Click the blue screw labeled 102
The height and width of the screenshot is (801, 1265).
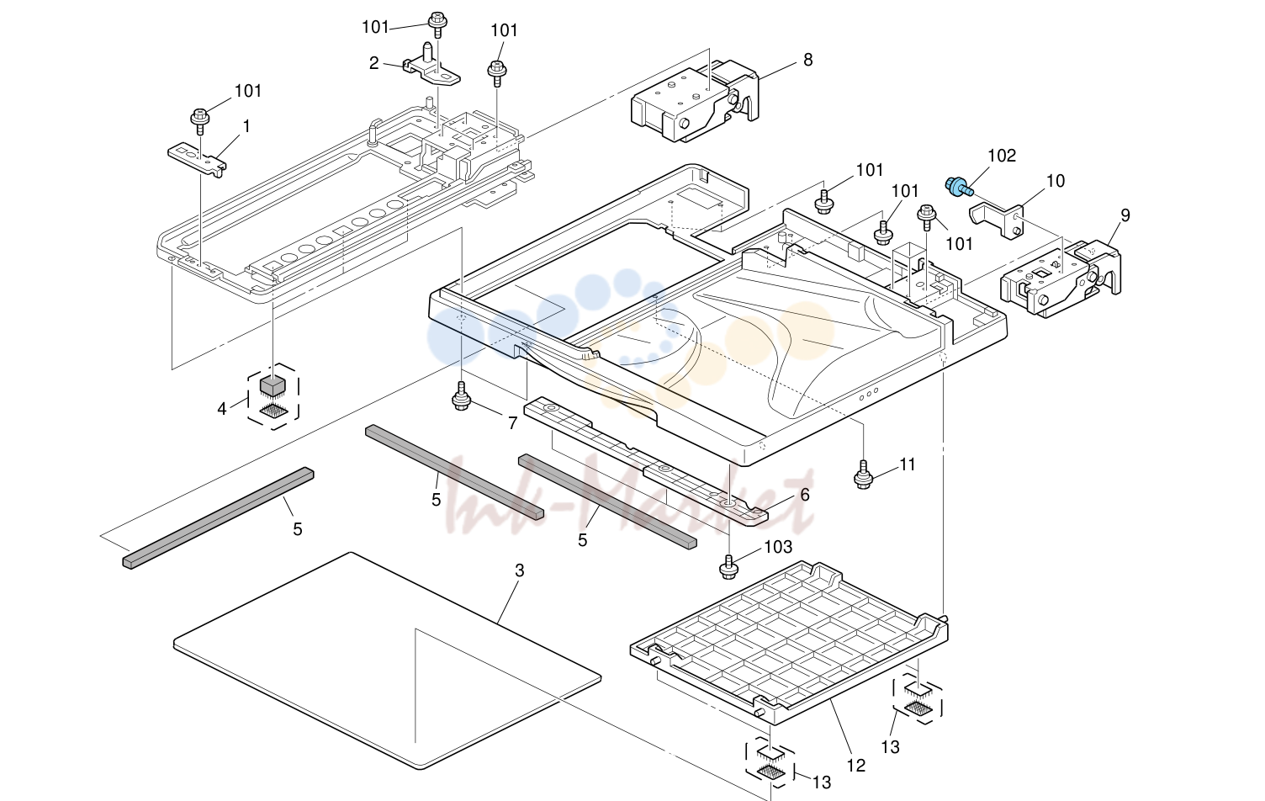[959, 187]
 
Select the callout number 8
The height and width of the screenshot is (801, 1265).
[808, 60]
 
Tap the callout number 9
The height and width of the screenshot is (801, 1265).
[1125, 215]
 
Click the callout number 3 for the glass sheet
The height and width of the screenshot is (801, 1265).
[520, 571]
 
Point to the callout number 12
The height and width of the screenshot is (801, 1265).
[856, 766]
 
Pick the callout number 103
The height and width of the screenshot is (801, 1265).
[778, 547]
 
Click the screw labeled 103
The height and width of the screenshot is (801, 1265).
[728, 567]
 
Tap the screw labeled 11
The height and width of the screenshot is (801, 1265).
[863, 475]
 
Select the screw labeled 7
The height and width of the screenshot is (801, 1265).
[462, 395]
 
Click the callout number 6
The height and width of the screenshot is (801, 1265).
[805, 495]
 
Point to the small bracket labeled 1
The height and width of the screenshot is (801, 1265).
[197, 160]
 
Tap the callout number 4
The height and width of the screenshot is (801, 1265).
[222, 409]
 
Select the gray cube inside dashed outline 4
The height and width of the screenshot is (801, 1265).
[273, 386]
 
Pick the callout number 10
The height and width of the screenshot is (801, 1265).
[1056, 181]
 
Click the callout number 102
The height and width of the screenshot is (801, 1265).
[1002, 156]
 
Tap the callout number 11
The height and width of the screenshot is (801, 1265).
[907, 464]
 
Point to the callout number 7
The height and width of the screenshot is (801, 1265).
[513, 423]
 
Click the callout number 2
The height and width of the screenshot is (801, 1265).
[373, 63]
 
